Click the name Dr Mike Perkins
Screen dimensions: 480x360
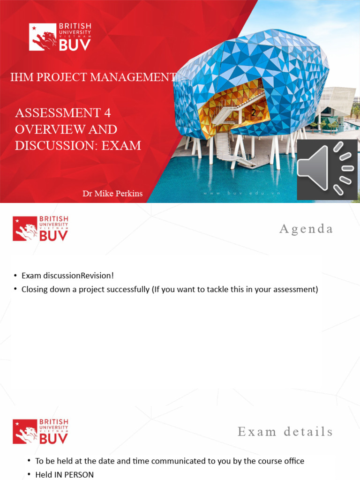[113, 194]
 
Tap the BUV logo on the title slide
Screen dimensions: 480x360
[60, 37]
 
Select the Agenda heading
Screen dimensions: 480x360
[306, 229]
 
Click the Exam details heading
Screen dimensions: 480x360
[285, 432]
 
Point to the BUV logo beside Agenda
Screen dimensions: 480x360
[40, 228]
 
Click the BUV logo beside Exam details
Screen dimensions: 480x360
[40, 431]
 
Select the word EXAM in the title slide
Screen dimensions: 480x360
[122, 145]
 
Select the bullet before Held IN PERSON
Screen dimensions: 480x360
[29, 474]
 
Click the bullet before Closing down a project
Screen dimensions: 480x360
[15, 289]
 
